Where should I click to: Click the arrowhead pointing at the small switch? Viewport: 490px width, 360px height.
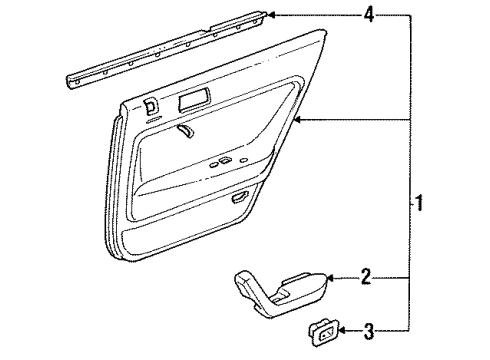(341, 326)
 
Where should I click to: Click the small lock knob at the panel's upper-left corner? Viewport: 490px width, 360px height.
(149, 105)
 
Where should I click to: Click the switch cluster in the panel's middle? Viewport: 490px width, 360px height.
(224, 163)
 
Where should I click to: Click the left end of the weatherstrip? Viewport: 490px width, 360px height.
(76, 80)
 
